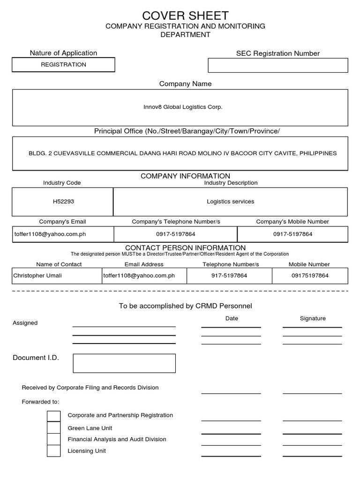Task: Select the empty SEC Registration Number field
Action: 277,65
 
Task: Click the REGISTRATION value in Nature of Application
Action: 63,65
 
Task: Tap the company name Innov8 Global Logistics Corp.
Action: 183,107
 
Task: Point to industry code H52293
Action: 63,202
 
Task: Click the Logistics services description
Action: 230,202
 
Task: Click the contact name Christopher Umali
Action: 37,276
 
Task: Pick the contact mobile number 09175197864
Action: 310,276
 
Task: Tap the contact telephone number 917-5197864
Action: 229,276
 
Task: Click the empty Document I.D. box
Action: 124,363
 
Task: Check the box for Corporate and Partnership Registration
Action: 54,416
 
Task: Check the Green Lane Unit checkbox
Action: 54,427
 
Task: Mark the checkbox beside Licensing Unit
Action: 54,451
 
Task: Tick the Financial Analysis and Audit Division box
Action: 54,439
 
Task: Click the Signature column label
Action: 312,318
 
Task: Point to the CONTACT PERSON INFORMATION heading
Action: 185,247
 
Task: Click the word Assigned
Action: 25,323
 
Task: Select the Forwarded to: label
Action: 40,402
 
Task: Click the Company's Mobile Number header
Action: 292,221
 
